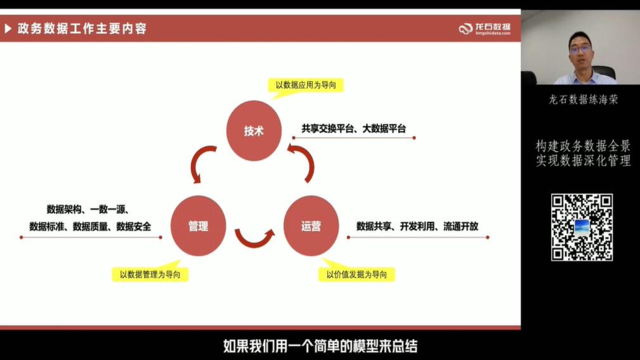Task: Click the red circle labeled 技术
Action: point(254,131)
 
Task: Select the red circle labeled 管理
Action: point(198,226)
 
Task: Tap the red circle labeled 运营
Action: point(311,226)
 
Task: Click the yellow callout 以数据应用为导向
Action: point(306,85)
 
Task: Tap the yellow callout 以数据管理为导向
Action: point(150,274)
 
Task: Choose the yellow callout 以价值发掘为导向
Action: point(357,274)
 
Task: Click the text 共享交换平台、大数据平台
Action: point(354,129)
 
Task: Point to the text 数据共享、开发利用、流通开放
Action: point(417,226)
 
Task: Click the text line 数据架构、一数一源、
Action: point(88,209)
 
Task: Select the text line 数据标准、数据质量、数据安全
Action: point(90,227)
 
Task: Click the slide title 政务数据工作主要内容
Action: point(82,29)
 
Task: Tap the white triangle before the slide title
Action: point(8,29)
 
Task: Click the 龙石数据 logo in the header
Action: point(484,29)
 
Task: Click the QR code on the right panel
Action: point(582,227)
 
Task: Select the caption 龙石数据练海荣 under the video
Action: point(583,99)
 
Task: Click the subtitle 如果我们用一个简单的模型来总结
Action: point(320,346)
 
